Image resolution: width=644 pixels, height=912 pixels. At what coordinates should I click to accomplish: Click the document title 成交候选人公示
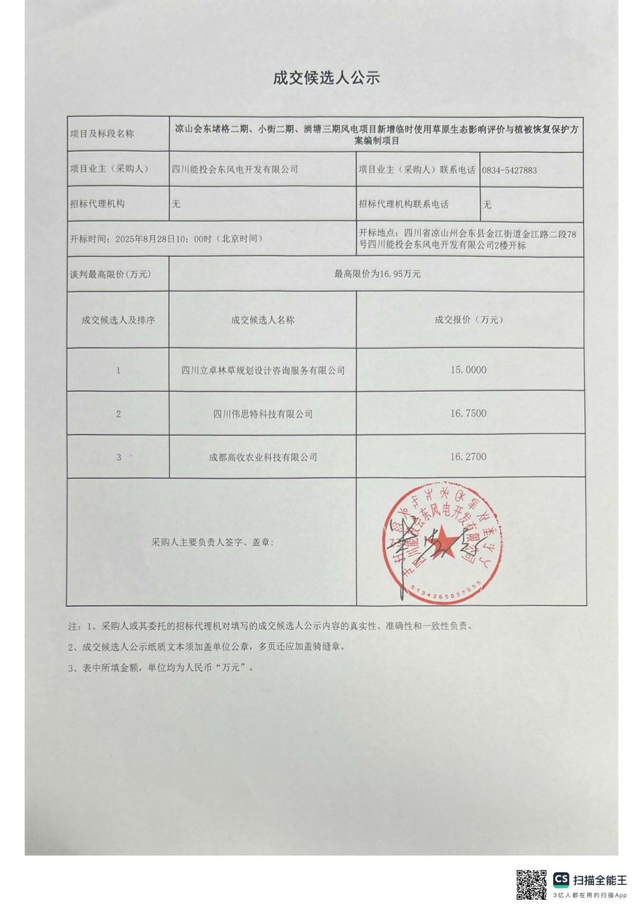point(326,78)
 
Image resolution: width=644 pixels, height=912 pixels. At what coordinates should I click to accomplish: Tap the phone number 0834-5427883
point(509,170)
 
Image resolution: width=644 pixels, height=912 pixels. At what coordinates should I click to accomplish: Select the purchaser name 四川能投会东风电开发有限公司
point(235,169)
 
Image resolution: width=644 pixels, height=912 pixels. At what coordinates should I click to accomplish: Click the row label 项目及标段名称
point(102,134)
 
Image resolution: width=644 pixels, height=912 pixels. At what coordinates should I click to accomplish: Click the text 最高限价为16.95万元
point(377,274)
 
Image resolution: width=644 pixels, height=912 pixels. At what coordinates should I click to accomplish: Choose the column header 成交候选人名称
point(263,320)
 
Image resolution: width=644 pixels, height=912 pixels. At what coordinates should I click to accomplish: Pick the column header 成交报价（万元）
point(469,320)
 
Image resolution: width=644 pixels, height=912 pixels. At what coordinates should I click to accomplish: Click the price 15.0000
point(468,370)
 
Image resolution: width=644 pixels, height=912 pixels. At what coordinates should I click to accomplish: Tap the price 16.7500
point(468,413)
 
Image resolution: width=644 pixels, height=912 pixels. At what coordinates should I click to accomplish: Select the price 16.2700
point(468,456)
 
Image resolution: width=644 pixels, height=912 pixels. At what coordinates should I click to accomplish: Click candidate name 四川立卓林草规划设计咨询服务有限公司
point(263,370)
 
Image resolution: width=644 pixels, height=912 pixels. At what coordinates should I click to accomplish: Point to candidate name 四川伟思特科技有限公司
point(263,414)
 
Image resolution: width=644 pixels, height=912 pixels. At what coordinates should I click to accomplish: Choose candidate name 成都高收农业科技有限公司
point(263,457)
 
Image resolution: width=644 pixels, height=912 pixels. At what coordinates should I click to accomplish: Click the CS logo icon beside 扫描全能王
point(561,879)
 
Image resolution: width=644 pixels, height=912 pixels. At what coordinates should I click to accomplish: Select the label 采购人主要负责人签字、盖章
point(212,542)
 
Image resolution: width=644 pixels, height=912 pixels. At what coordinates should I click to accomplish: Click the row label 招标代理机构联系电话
point(403,204)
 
